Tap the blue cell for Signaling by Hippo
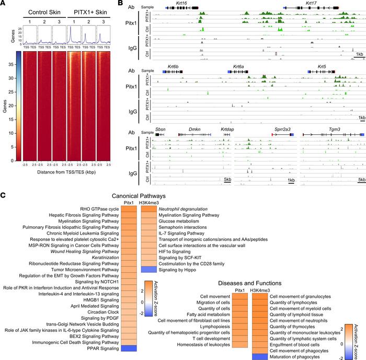tap(149, 283)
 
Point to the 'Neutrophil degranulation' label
tap(182, 209)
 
